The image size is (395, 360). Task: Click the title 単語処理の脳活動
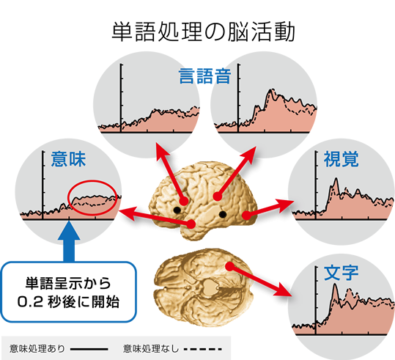(203, 32)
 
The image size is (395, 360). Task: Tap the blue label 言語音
(204, 76)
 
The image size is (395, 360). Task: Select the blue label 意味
(68, 159)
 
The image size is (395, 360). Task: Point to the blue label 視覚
(341, 159)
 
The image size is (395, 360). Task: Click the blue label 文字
(341, 273)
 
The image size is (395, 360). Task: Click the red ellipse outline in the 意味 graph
(92, 180)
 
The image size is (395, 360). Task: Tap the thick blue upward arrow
(69, 241)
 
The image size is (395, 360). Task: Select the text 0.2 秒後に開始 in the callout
(68, 301)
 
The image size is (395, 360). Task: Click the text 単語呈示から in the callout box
(68, 283)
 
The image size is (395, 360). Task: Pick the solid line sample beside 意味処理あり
(89, 349)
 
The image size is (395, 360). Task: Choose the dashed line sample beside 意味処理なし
(203, 349)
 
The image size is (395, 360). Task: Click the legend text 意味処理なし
(151, 349)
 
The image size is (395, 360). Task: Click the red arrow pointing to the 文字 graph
(259, 281)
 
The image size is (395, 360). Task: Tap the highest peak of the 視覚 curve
(336, 178)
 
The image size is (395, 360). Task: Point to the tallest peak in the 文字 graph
(335, 284)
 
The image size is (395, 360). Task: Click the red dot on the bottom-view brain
(229, 266)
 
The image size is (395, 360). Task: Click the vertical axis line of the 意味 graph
(43, 185)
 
